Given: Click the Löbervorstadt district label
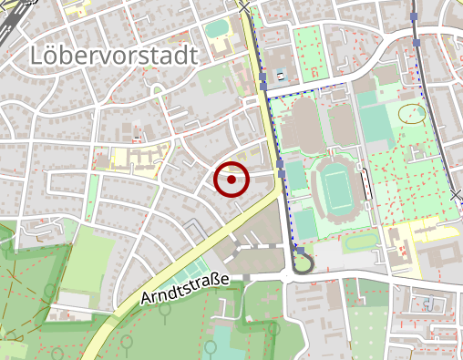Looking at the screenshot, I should click(113, 55).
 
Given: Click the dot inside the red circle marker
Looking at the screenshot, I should click(231, 180).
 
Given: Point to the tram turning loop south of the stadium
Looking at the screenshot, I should click(301, 264).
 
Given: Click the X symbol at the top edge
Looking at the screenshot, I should click(245, 6).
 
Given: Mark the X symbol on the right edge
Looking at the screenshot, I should click(457, 195).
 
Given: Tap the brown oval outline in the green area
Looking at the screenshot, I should click(413, 113).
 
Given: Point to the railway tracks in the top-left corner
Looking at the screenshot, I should click(11, 20).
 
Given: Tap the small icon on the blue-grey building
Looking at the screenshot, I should click(280, 74).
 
